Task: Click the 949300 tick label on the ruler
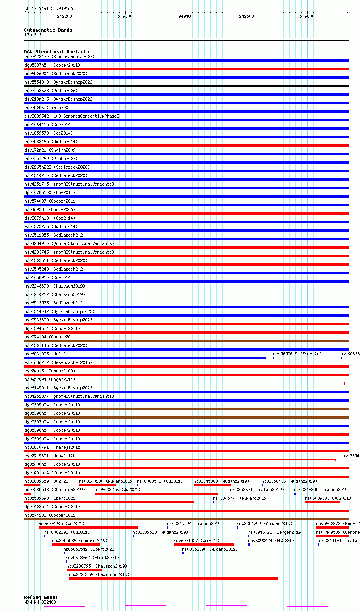point(125,16)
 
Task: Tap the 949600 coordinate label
point(307,16)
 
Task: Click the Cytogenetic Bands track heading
point(48,30)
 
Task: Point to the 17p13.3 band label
point(33,35)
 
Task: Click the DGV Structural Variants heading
point(56,52)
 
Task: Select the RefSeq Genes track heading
point(41,597)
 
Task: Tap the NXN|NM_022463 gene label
point(40,602)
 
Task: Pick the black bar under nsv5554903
point(186,86)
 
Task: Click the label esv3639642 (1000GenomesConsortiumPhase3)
point(72,116)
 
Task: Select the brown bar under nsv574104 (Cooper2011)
point(186,341)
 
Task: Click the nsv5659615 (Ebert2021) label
point(300,354)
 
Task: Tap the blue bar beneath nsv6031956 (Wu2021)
point(145,358)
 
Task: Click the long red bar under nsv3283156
point(174,579)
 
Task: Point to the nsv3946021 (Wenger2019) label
point(275,532)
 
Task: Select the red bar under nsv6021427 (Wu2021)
point(204,545)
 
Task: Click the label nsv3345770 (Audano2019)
point(241,498)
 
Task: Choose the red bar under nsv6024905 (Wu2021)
point(88,528)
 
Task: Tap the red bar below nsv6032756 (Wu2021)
point(156,494)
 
